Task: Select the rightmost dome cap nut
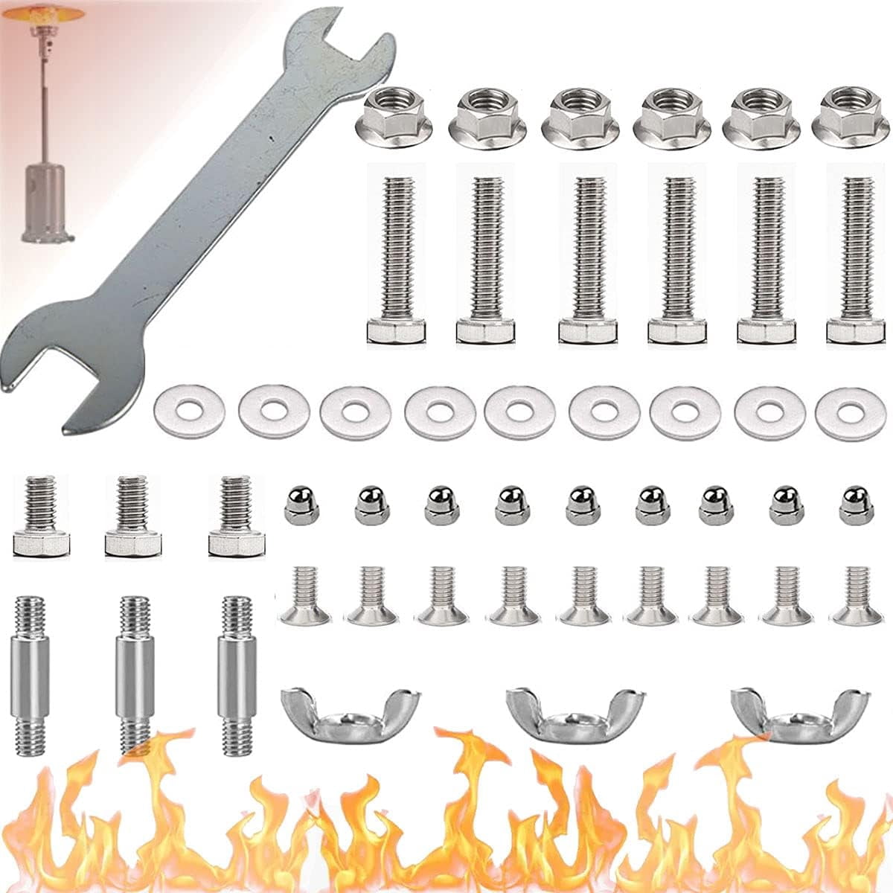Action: click(856, 505)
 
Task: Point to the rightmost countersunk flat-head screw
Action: click(856, 596)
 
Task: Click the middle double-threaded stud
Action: click(134, 674)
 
